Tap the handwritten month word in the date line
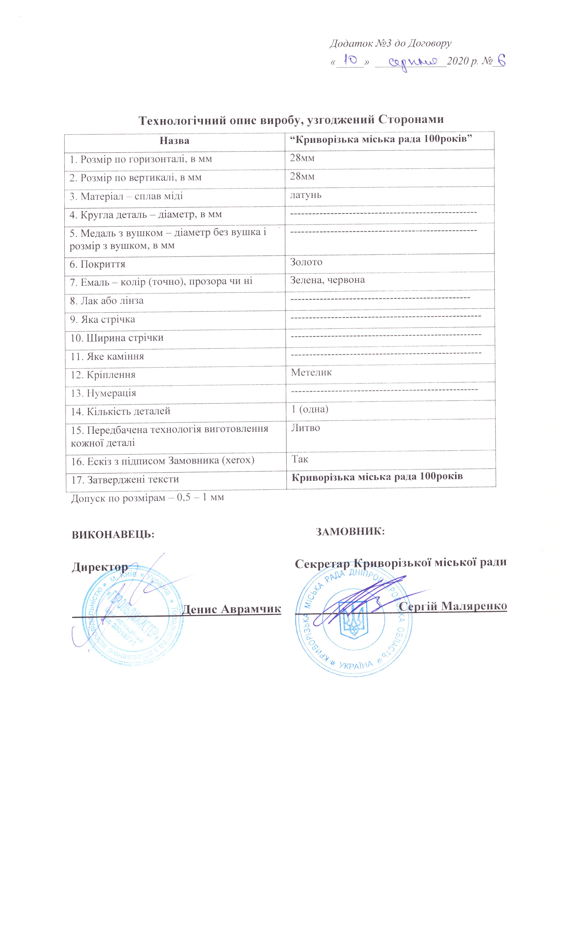413,61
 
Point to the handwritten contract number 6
499,61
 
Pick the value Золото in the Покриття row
306,262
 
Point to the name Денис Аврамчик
231,609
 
